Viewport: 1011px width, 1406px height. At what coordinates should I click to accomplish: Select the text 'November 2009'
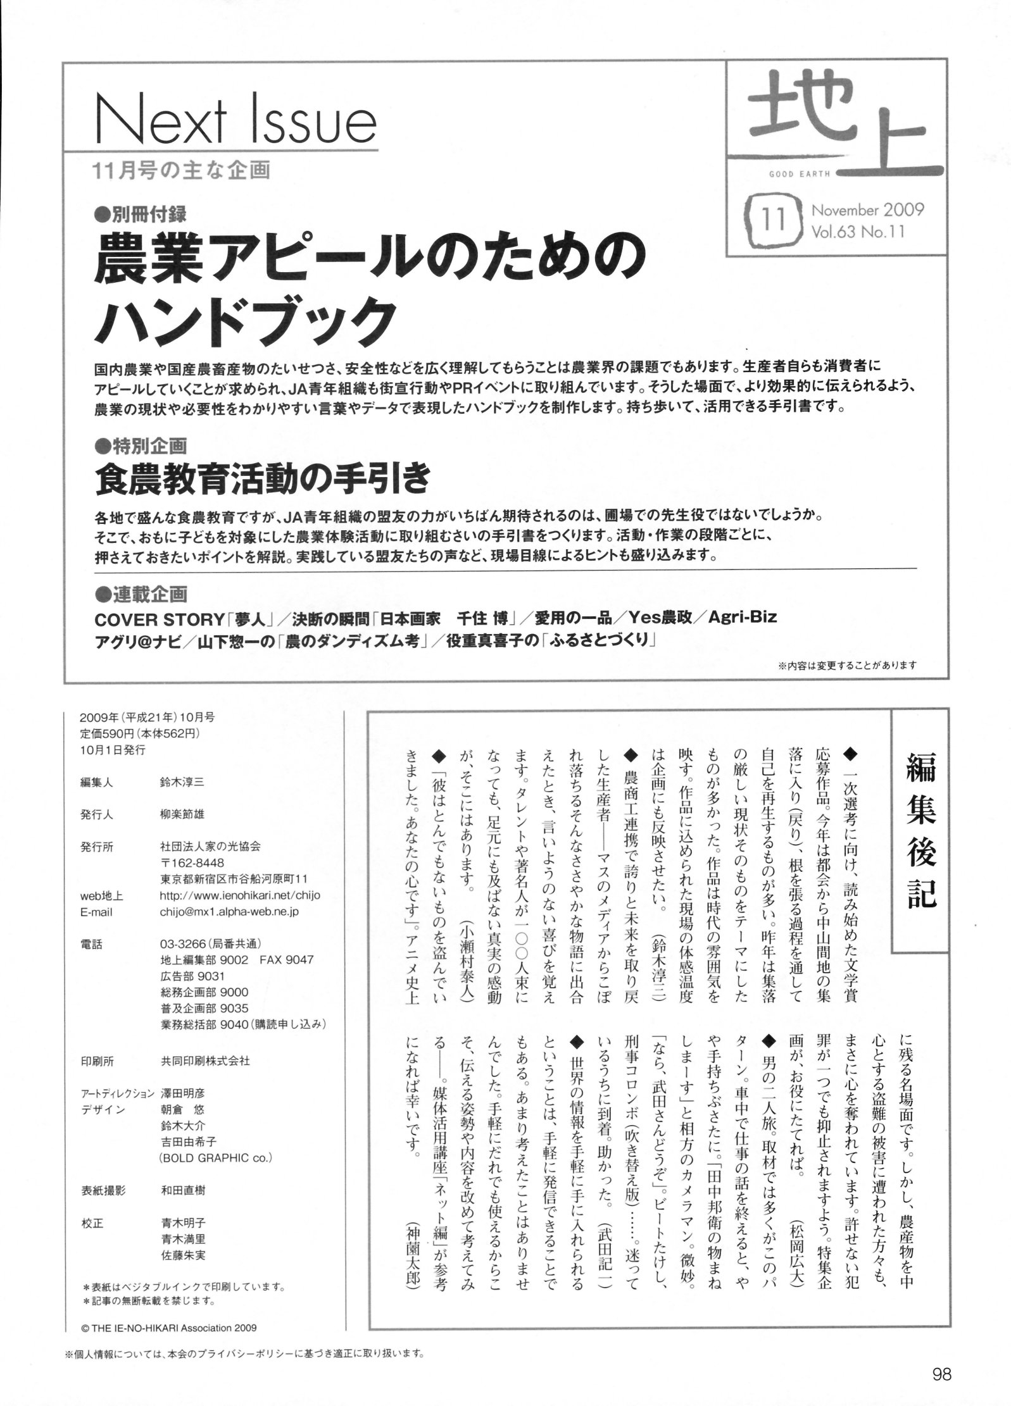click(867, 209)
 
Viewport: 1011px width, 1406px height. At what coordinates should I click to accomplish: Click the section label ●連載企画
click(140, 594)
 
